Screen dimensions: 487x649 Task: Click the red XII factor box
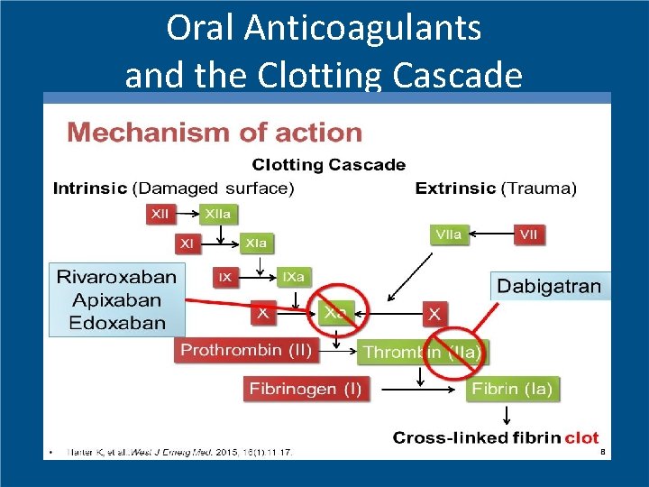[x=160, y=215]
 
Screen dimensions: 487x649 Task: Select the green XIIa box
[x=218, y=215]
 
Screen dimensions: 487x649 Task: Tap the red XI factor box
[x=187, y=243]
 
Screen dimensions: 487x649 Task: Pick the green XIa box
[x=256, y=243]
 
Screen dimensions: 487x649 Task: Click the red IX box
[x=224, y=277]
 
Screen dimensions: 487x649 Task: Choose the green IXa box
[x=292, y=277]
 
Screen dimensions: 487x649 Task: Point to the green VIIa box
[x=449, y=234]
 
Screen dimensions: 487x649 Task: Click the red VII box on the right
[x=529, y=234]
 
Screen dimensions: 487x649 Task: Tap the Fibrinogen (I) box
[x=306, y=389]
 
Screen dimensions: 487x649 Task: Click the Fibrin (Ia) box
[x=512, y=389]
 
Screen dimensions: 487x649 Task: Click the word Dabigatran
[x=549, y=287]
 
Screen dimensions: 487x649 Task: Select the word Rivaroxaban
[x=116, y=277]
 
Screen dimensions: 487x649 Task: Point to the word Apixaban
[x=116, y=299]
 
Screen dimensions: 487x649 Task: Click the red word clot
[x=581, y=437]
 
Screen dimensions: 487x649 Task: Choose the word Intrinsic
[x=90, y=188]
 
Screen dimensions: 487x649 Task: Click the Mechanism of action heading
[x=215, y=133]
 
